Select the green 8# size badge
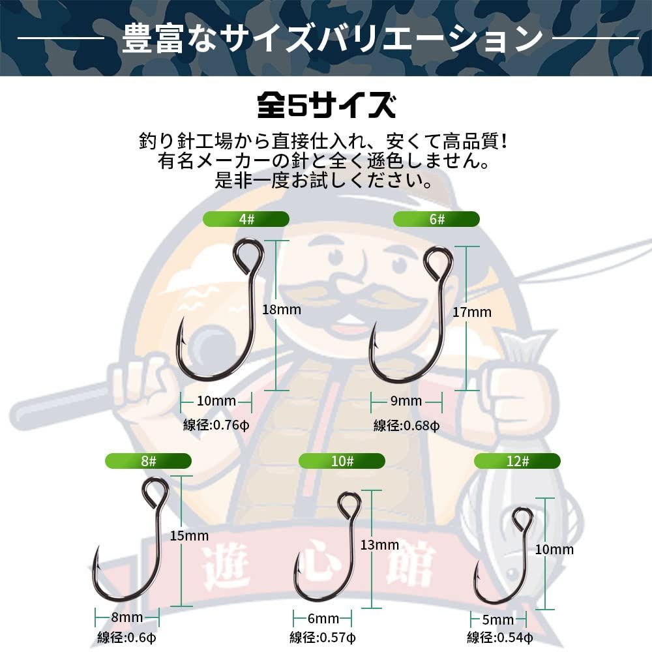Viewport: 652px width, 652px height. pos(148,462)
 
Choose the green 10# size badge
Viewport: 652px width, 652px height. pos(342,462)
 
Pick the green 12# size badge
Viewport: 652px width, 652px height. pos(517,462)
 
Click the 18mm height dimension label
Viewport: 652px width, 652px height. pos(281,309)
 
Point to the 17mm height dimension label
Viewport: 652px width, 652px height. pos(471,312)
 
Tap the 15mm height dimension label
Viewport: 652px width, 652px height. pos(189,536)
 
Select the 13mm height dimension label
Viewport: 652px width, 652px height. pos(379,545)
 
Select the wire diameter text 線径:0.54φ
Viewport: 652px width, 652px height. pos(500,638)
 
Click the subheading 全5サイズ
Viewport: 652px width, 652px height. pos(325,106)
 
